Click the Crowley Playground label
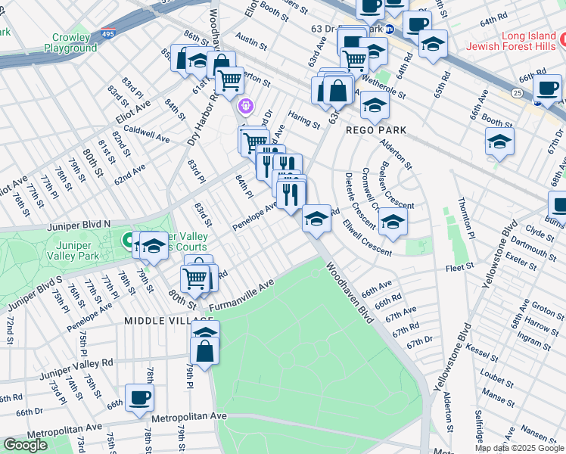pos(75,42)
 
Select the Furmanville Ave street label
pos(241,297)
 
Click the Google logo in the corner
pos(25,445)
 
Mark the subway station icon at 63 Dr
pos(390,30)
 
